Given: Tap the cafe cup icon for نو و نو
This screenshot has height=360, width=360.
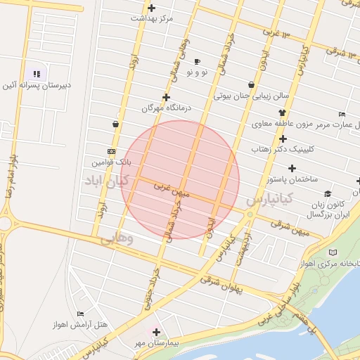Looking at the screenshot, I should click(197, 61).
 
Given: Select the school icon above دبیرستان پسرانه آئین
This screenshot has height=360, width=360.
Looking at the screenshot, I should click(36, 74).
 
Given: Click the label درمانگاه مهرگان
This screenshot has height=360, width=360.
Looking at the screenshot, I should click(148, 109).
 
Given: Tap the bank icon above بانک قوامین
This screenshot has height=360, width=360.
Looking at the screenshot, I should click(111, 151).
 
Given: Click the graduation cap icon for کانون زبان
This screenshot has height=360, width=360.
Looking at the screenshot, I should click(327, 193).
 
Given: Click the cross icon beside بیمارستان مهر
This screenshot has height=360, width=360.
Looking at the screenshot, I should click(156, 332).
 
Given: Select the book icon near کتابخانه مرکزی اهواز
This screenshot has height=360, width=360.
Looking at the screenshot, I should click(333, 252).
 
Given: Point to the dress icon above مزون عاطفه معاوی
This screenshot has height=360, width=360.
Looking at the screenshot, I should click(283, 112).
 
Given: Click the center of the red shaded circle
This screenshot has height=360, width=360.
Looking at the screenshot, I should click(180, 180).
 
